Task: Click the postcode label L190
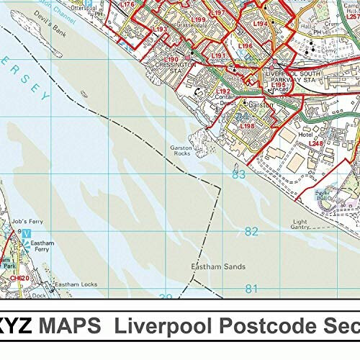point(171,60)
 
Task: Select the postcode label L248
point(316,144)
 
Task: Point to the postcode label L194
point(261,24)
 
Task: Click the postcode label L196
point(246,46)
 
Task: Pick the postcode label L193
point(161,30)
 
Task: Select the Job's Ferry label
point(31,218)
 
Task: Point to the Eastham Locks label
point(76,284)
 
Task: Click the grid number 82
point(251,231)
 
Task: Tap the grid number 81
point(251,289)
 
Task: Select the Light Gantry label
point(300,224)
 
